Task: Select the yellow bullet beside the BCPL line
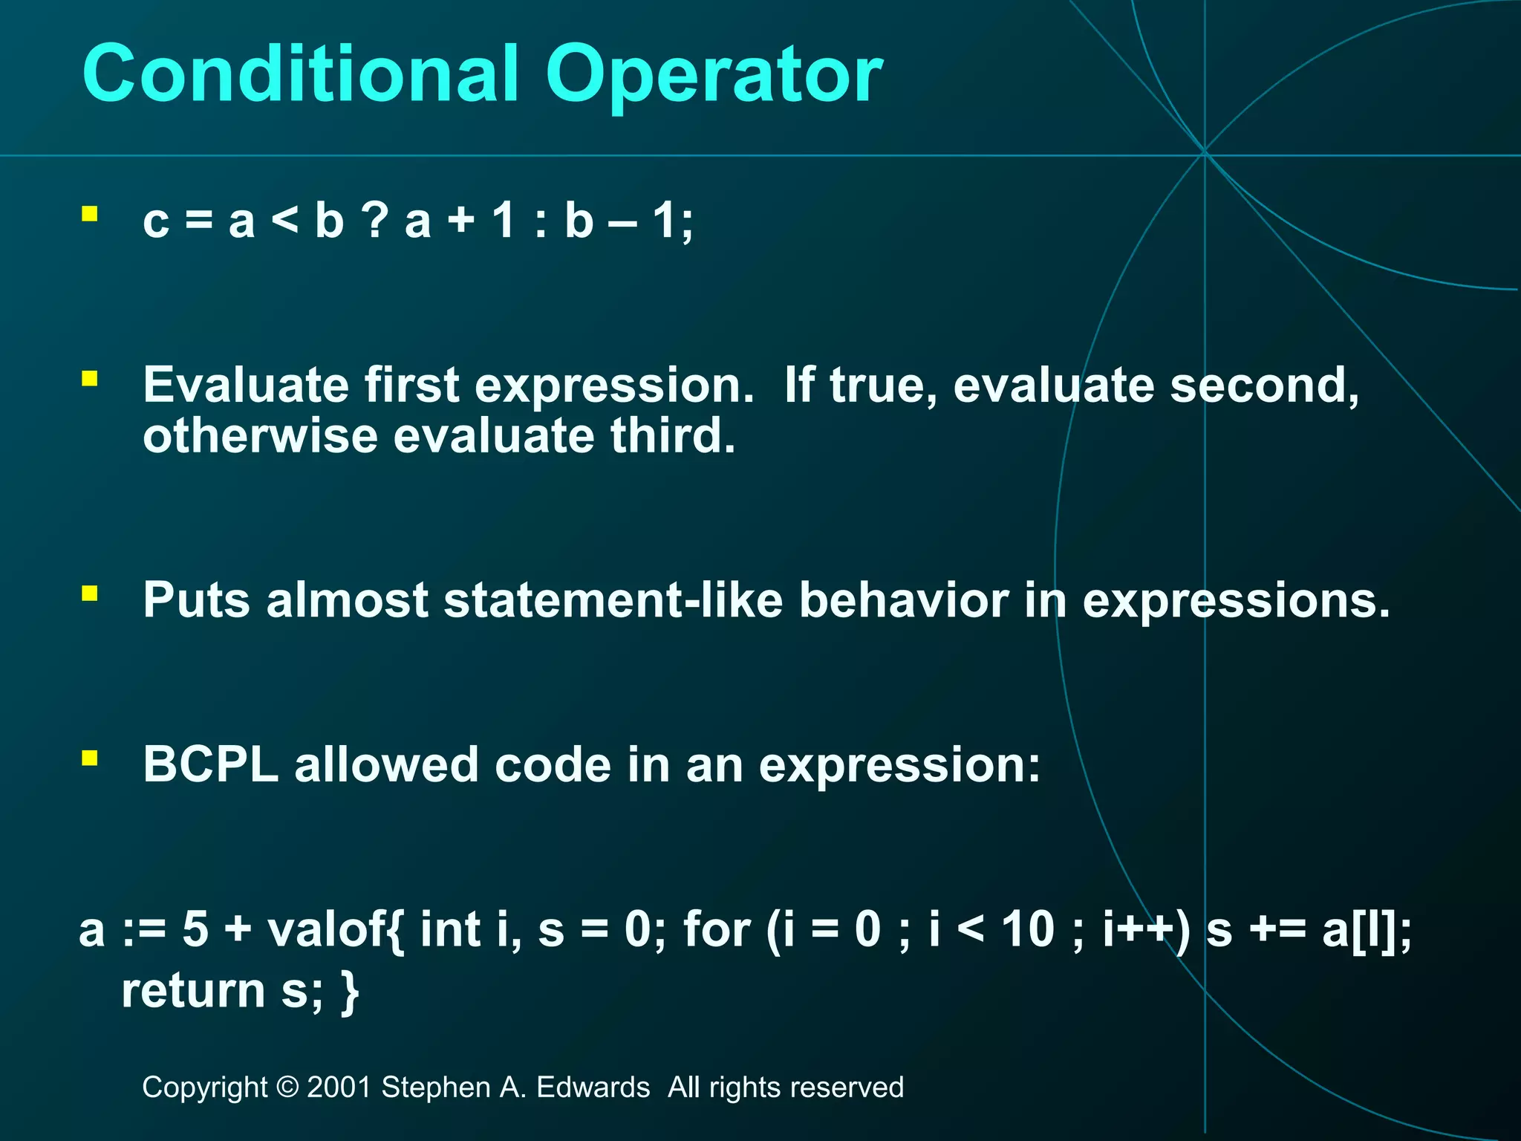(x=90, y=758)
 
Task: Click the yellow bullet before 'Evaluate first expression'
(x=90, y=380)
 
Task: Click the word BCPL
(x=210, y=764)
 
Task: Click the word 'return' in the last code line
(x=193, y=991)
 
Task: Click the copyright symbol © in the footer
(x=287, y=1088)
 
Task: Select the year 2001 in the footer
(x=339, y=1088)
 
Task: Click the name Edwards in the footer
(x=593, y=1088)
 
